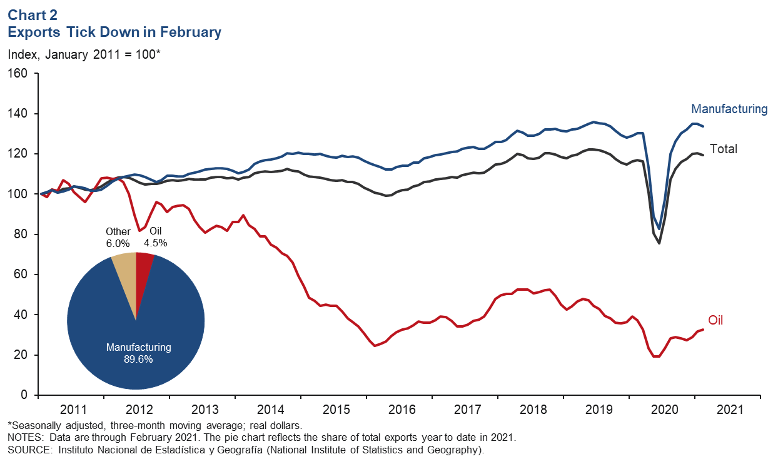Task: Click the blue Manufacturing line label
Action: tap(729, 109)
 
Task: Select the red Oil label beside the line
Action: tap(715, 321)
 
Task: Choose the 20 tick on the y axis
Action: tap(22, 355)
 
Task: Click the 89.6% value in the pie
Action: tap(138, 360)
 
